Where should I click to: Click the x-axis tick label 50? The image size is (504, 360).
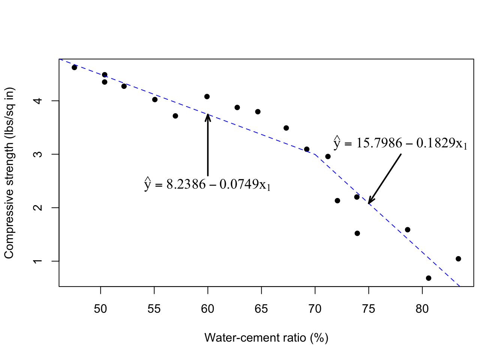[100, 309]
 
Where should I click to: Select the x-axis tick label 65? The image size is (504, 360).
[261, 309]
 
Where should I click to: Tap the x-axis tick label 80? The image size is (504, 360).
[422, 309]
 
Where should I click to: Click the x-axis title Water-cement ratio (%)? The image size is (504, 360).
[266, 338]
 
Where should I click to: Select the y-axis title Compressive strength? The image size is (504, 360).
[9, 173]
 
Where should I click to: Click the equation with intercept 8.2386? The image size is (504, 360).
[207, 184]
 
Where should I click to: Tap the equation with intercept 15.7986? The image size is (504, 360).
[400, 143]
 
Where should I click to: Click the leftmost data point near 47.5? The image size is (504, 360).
[74, 67]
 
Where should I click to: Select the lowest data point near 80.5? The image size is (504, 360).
[429, 278]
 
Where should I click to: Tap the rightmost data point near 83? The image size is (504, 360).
[458, 259]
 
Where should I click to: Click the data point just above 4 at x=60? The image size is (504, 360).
[207, 96]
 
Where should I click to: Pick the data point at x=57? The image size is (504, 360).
[175, 116]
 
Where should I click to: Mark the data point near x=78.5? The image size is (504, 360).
[408, 229]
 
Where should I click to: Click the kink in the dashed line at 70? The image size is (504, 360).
[315, 154]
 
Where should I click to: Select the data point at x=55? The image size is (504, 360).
[155, 99]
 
